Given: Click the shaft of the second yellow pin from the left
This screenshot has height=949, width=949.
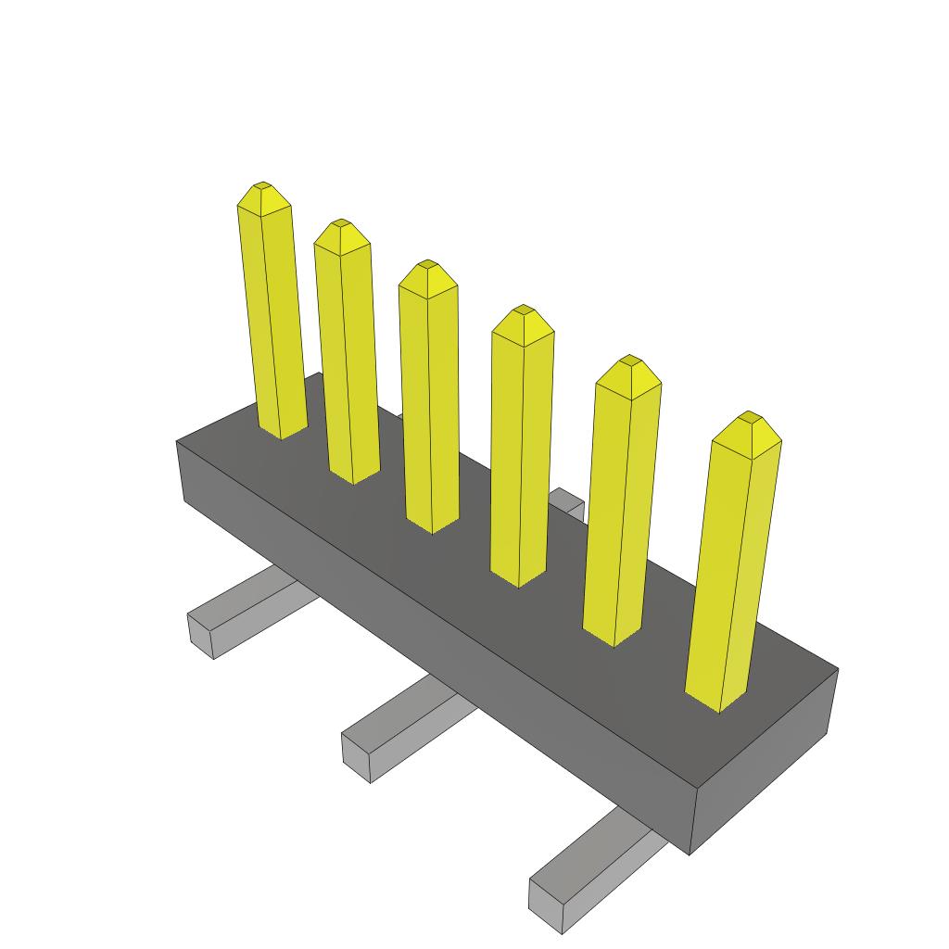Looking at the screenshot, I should [348, 361].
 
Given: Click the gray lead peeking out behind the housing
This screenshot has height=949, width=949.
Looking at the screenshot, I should [567, 503].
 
